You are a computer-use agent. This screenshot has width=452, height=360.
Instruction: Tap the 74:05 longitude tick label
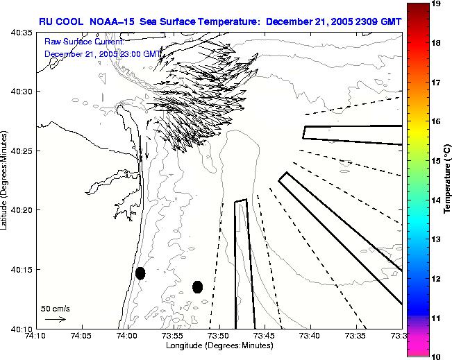81,336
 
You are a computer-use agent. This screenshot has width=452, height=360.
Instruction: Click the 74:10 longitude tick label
36,336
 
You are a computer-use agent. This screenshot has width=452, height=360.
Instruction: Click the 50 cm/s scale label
55,308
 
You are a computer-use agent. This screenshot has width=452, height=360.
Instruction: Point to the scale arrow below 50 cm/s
55,319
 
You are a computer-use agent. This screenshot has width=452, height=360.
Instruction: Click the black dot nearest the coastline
140,273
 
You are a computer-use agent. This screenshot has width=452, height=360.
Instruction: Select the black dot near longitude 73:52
197,286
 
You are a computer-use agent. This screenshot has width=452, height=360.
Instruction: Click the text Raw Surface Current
83,42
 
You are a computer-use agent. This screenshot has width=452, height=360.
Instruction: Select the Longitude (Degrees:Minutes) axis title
219,345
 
